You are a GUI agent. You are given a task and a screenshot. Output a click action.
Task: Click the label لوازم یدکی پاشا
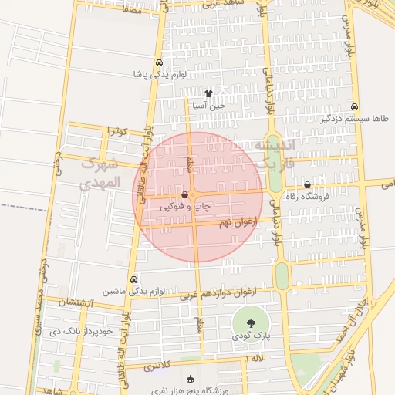point(159,75)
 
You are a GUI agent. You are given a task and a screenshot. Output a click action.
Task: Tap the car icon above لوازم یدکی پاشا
point(159,62)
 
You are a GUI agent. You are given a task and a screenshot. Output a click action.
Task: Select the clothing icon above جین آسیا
point(208,93)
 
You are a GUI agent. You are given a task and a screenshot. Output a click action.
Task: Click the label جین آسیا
point(209,105)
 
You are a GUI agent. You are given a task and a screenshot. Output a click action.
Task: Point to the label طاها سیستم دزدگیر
point(354,119)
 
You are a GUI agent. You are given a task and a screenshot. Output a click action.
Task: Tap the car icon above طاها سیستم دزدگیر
point(354,106)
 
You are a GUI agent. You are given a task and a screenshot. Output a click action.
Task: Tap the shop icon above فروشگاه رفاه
point(308,185)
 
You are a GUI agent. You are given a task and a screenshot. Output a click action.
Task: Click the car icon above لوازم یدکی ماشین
point(135,279)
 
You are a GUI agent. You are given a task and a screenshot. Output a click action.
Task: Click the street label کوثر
point(117,130)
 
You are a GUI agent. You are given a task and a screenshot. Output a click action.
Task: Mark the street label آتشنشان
point(78,302)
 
